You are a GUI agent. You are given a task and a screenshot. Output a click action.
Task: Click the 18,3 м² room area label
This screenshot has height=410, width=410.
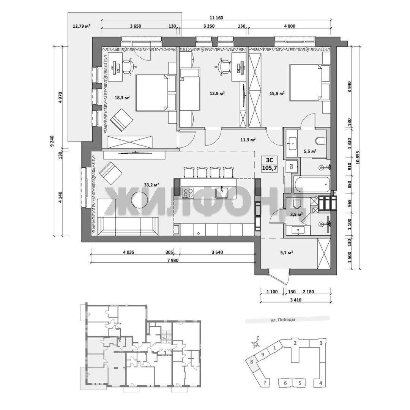[122, 98]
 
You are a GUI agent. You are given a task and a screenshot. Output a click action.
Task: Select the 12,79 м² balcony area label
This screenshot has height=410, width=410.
[81, 26]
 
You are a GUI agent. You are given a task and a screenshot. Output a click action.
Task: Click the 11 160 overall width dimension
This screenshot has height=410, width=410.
[216, 18]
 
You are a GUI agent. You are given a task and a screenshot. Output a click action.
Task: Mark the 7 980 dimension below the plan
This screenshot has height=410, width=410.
[173, 260]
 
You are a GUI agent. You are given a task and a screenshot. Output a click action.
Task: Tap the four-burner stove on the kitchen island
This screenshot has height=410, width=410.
[188, 193]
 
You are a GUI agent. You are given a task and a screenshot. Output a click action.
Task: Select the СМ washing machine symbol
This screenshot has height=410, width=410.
[292, 166]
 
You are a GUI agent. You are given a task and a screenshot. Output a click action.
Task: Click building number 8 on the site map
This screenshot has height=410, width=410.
[252, 362]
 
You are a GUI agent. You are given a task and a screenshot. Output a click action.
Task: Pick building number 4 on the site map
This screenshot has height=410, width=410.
[321, 383]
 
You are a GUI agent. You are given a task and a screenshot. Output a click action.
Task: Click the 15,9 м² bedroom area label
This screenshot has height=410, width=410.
[277, 93]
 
